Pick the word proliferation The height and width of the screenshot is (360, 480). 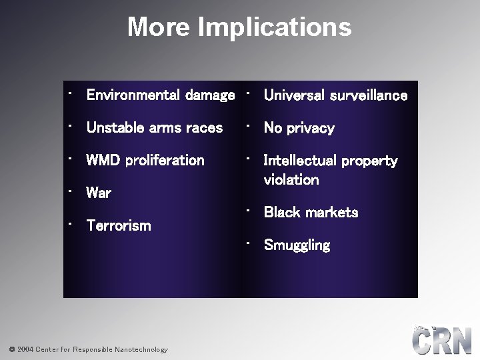point(165,160)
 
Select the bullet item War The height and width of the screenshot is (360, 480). point(99,193)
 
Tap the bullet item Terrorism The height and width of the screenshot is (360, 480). point(119,225)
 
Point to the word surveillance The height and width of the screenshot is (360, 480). point(369,95)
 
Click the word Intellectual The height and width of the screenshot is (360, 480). point(303,161)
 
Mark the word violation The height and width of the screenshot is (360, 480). point(291,179)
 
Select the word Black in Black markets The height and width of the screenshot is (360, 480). point(281,213)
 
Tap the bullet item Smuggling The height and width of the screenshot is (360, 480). point(297,245)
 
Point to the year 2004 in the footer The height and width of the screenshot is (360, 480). point(23,349)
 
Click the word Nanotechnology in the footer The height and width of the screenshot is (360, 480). point(141,349)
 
